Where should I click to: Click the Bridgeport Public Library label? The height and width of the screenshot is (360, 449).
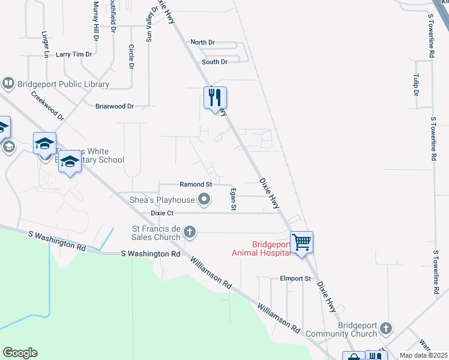point(64,85)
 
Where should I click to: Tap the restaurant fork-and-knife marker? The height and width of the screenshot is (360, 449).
point(215,97)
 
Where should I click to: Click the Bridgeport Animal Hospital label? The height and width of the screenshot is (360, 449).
point(262,248)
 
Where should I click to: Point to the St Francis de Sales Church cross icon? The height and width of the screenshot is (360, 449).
point(190,232)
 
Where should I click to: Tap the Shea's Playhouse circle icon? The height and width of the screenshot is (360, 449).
point(205,200)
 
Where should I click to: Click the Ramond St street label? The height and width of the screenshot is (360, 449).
point(196,185)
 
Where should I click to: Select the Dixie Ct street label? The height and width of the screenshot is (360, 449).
point(162,213)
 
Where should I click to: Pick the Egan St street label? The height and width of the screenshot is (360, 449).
point(233,199)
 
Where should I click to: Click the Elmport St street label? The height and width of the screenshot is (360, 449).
point(295,278)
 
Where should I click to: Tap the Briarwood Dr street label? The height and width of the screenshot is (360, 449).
point(115,106)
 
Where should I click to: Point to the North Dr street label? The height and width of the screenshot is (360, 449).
point(202,43)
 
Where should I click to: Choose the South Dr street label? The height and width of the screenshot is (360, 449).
point(215,62)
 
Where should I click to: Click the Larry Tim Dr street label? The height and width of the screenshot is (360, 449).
point(74,54)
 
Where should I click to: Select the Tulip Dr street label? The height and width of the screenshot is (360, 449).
point(415,85)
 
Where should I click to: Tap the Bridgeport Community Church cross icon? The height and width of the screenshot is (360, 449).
point(386,329)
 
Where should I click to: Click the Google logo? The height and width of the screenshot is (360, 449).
point(20,353)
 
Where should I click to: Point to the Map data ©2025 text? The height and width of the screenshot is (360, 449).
point(424,355)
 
